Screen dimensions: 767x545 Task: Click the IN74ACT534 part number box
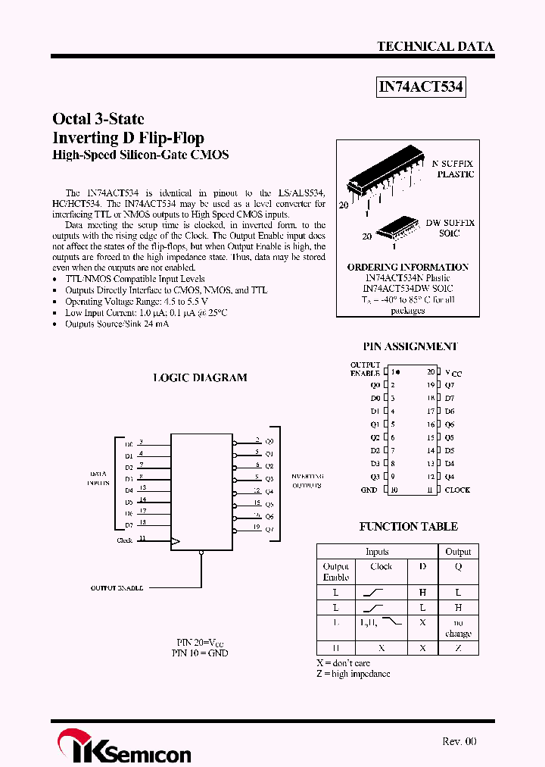(421, 88)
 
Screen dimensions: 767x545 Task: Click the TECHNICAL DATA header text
(435, 46)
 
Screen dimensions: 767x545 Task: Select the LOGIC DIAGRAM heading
(200, 377)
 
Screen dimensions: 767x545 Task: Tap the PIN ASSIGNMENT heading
(410, 346)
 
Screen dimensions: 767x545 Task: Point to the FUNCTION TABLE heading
(408, 526)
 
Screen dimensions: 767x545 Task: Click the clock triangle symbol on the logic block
(176, 541)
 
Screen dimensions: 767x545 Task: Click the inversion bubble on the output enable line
(201, 553)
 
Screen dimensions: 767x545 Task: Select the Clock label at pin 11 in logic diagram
(125, 540)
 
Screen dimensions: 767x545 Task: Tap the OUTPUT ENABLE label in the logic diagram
(117, 587)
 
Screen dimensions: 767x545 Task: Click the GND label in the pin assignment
(369, 490)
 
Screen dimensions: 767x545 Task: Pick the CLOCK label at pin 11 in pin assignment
(456, 490)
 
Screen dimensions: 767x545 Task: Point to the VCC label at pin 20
(453, 373)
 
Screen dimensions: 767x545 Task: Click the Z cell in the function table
(458, 648)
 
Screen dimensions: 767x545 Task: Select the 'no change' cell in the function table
(458, 628)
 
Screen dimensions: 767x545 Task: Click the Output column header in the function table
(458, 552)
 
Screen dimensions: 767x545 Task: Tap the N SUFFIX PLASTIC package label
(453, 169)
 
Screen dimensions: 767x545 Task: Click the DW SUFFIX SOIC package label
(450, 228)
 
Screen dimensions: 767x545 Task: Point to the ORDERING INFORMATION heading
(407, 268)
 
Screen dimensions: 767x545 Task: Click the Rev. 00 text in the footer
(459, 741)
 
